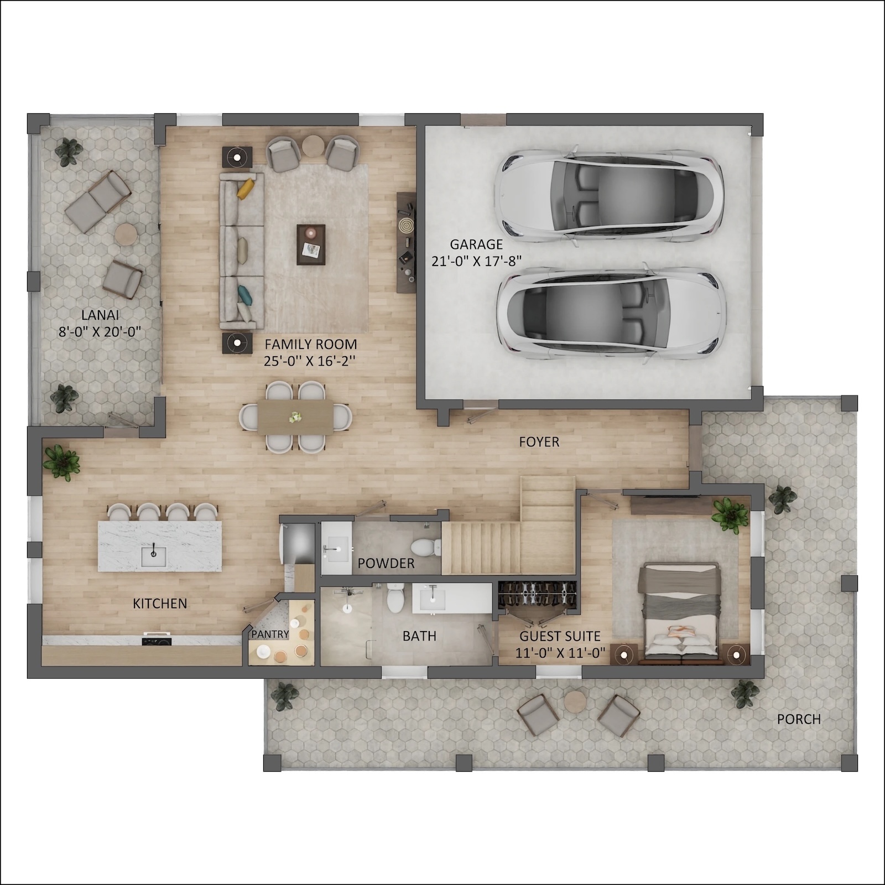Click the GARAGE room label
[x=476, y=244]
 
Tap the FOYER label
[x=539, y=442]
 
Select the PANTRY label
[x=270, y=634]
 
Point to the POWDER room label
[x=386, y=563]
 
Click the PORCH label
[x=799, y=719]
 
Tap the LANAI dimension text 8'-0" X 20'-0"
[x=100, y=332]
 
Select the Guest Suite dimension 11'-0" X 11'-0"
[x=560, y=653]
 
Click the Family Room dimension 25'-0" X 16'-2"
[x=310, y=361]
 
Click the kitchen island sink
[x=153, y=555]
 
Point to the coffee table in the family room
[x=311, y=244]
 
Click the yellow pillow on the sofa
[x=246, y=188]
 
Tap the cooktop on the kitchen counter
[x=158, y=641]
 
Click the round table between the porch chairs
[x=575, y=703]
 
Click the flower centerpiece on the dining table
[x=296, y=417]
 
